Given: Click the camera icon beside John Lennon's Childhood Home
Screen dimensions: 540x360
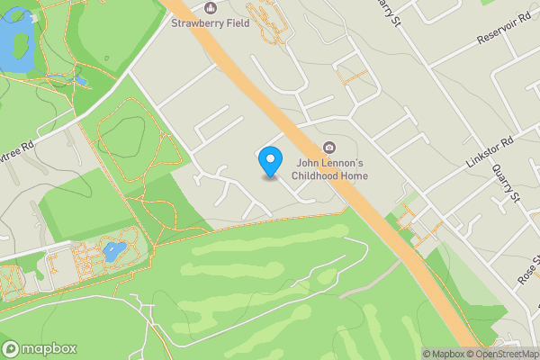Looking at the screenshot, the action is point(329,147).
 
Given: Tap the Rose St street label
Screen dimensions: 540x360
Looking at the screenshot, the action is point(527,274).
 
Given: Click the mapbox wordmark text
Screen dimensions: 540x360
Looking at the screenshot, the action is point(49,348).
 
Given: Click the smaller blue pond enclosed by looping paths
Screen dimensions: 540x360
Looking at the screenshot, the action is point(113,251).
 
